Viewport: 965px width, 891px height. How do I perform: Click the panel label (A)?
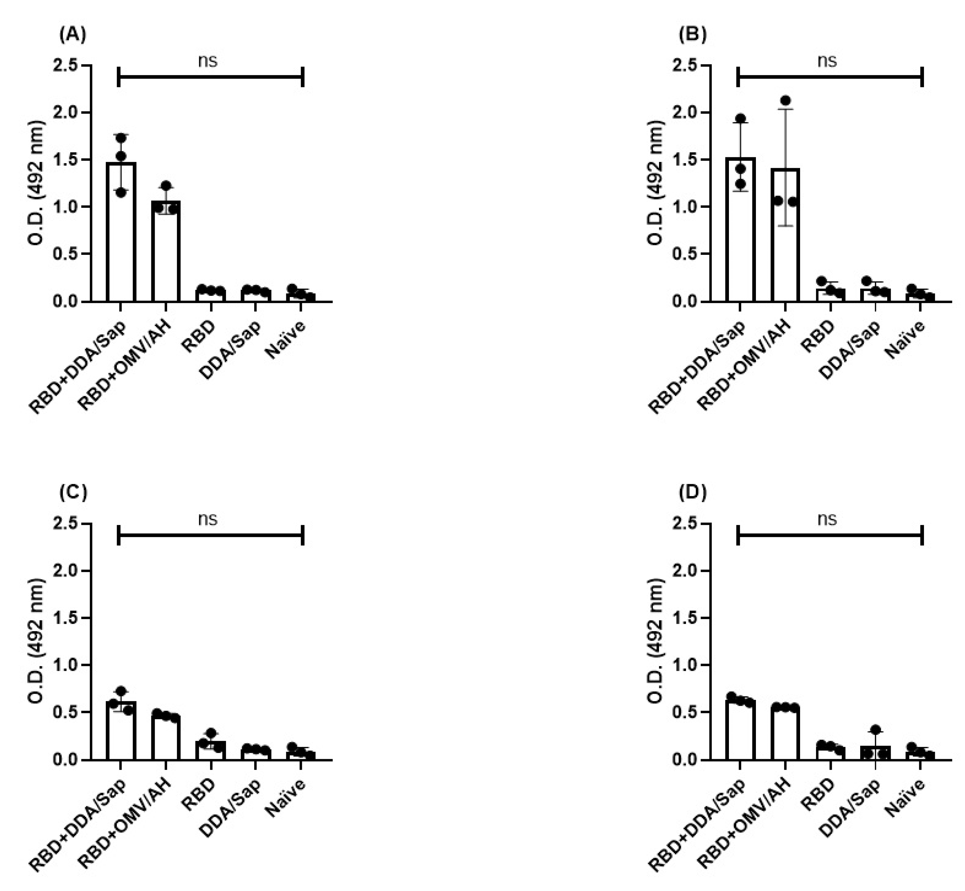coord(72,34)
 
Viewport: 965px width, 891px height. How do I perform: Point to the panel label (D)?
coord(692,493)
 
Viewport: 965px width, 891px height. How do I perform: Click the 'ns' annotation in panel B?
coord(827,61)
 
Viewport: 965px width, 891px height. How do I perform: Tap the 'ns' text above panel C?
coord(208,519)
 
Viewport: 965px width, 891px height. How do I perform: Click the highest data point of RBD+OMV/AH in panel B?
coord(786,100)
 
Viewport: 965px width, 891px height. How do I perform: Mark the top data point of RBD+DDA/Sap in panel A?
coord(121,138)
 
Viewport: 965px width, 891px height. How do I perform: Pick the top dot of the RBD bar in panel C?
coord(211,733)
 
